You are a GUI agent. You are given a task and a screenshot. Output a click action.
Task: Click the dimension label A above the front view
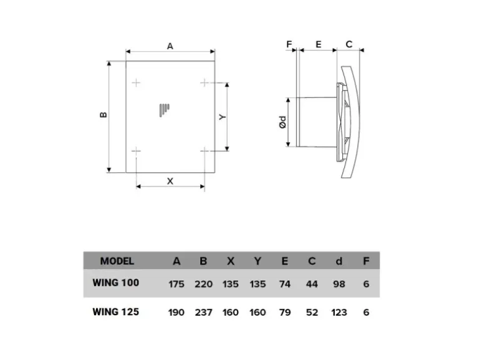pos(170,46)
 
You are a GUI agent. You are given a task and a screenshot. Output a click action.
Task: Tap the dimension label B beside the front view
pos(103,115)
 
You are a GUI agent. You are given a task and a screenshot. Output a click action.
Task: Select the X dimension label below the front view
pos(170,181)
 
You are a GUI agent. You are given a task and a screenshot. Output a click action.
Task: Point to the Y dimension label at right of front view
pos(223,117)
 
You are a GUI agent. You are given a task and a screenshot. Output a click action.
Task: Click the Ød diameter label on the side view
pos(283,122)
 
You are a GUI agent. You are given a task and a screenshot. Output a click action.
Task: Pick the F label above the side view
pos(289,44)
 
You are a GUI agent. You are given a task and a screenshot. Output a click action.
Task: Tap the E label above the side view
pos(319,44)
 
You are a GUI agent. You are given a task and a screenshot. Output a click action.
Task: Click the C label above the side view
pos(349,44)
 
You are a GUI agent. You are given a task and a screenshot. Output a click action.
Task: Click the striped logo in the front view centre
pos(164,110)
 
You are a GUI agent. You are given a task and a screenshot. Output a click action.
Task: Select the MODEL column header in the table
pos(117,261)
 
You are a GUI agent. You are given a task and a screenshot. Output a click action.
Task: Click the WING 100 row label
pos(116,283)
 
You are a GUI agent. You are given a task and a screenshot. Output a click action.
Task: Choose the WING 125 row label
pos(116,311)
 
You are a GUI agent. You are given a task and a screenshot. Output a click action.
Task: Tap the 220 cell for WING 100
pos(204,284)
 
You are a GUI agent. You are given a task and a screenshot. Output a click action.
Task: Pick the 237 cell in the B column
pos(204,312)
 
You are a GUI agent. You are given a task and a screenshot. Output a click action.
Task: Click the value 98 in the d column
pos(339,284)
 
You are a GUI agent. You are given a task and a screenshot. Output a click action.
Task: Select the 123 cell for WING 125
pos(339,312)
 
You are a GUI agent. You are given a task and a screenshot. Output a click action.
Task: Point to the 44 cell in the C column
pos(312,284)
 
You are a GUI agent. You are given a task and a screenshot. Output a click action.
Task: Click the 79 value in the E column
pos(285,312)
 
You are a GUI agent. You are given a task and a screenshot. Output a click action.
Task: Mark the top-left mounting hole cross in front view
pos(136,83)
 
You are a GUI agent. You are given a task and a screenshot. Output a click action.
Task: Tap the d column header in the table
pos(339,261)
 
